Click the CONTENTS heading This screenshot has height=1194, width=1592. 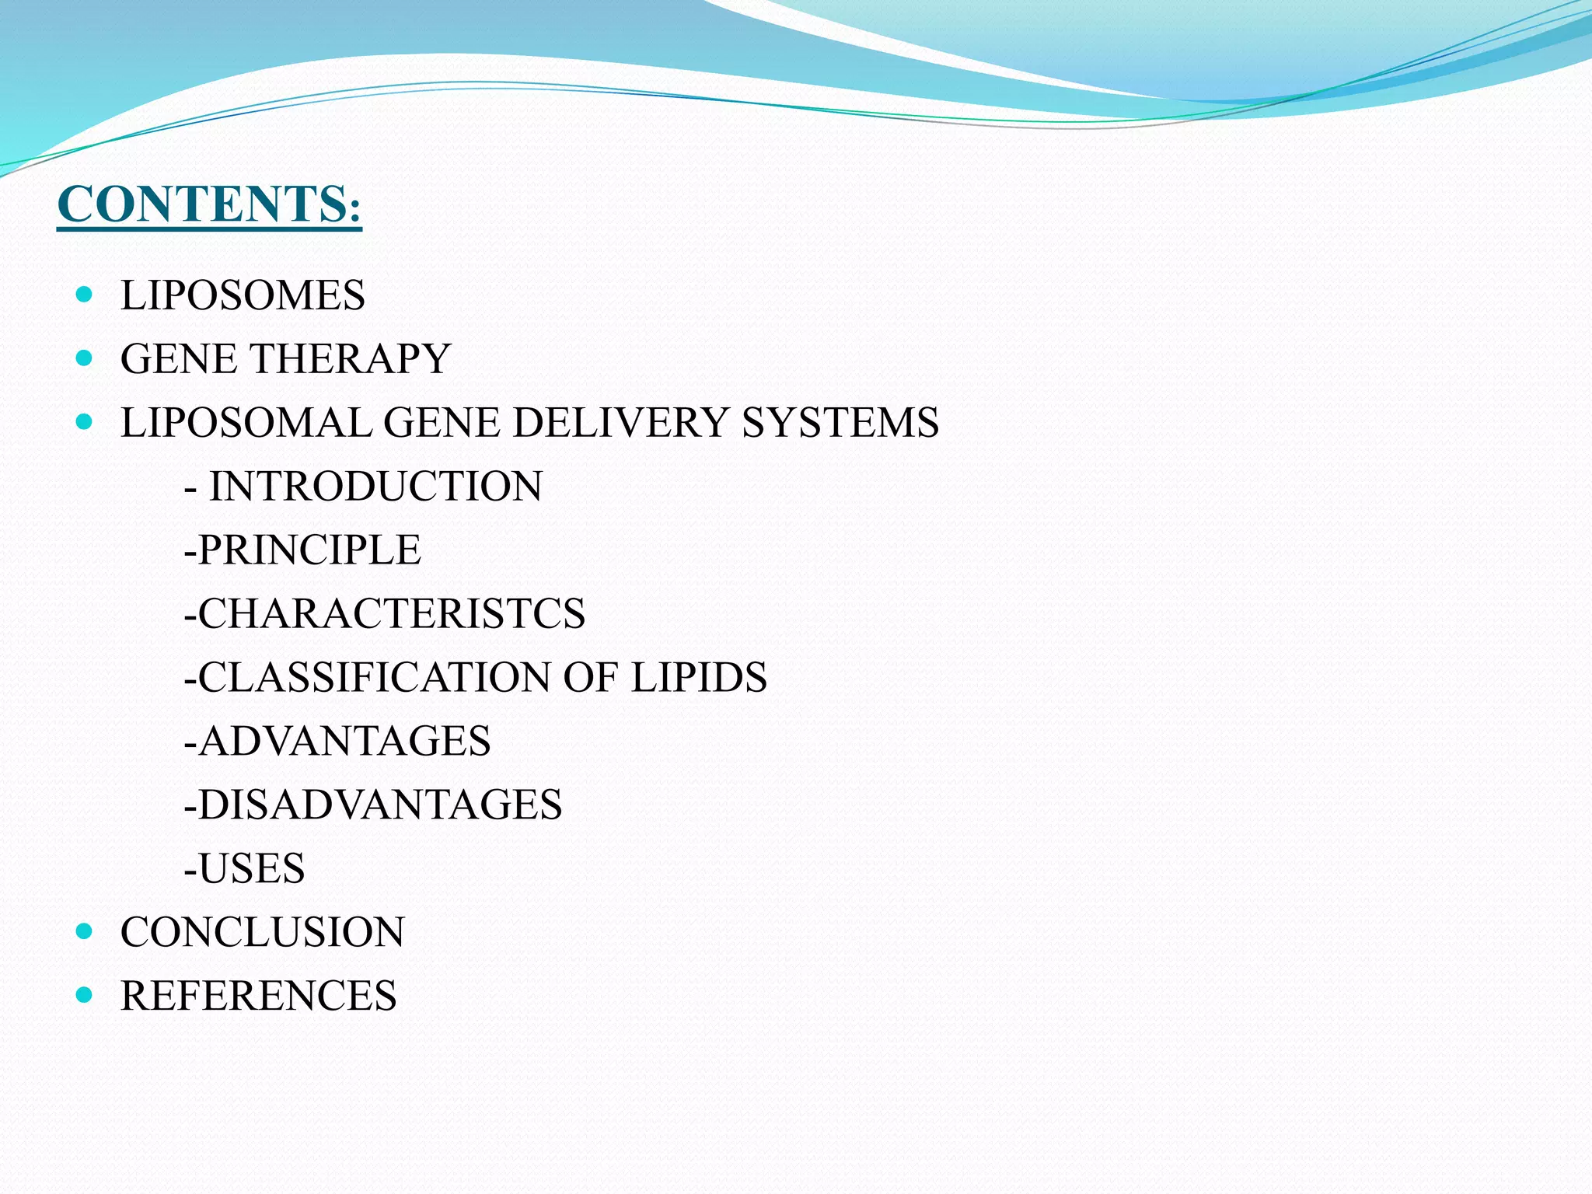click(x=209, y=204)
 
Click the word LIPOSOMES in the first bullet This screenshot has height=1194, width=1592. click(x=243, y=295)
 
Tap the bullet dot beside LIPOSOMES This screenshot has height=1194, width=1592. click(x=86, y=295)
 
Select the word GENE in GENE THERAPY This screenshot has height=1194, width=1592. click(x=178, y=359)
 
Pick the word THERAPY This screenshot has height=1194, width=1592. click(x=350, y=359)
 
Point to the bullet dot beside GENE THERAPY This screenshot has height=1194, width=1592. click(x=86, y=358)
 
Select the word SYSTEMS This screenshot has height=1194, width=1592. click(x=840, y=423)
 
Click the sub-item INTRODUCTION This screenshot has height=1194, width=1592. click(x=375, y=487)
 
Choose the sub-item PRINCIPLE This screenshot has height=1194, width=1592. click(x=309, y=550)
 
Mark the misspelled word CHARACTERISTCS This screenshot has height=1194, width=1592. click(x=391, y=614)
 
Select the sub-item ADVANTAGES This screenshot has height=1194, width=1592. click(x=344, y=741)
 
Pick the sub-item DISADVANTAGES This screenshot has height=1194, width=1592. click(x=379, y=805)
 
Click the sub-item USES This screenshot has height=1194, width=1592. click(x=251, y=868)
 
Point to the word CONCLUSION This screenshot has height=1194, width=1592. click(x=263, y=932)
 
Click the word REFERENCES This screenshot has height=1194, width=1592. click(x=259, y=996)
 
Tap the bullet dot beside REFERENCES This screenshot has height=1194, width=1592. click(x=86, y=995)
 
